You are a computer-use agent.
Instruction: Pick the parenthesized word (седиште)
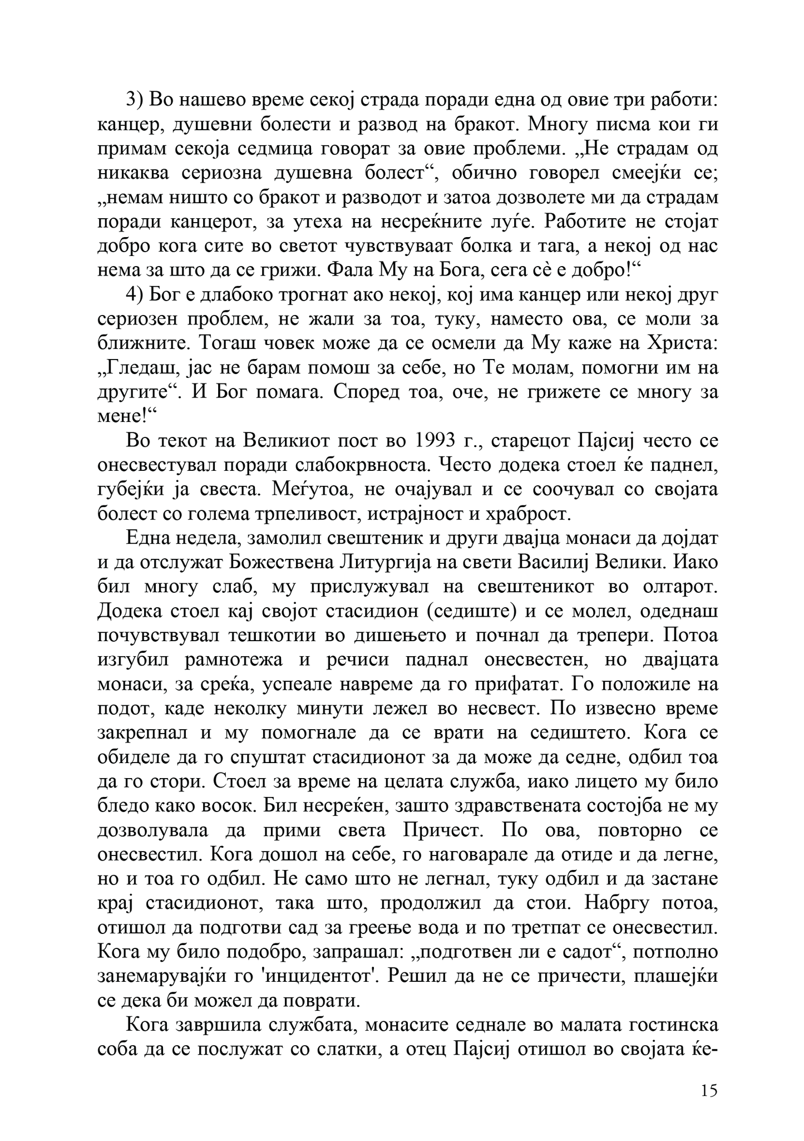point(472,611)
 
